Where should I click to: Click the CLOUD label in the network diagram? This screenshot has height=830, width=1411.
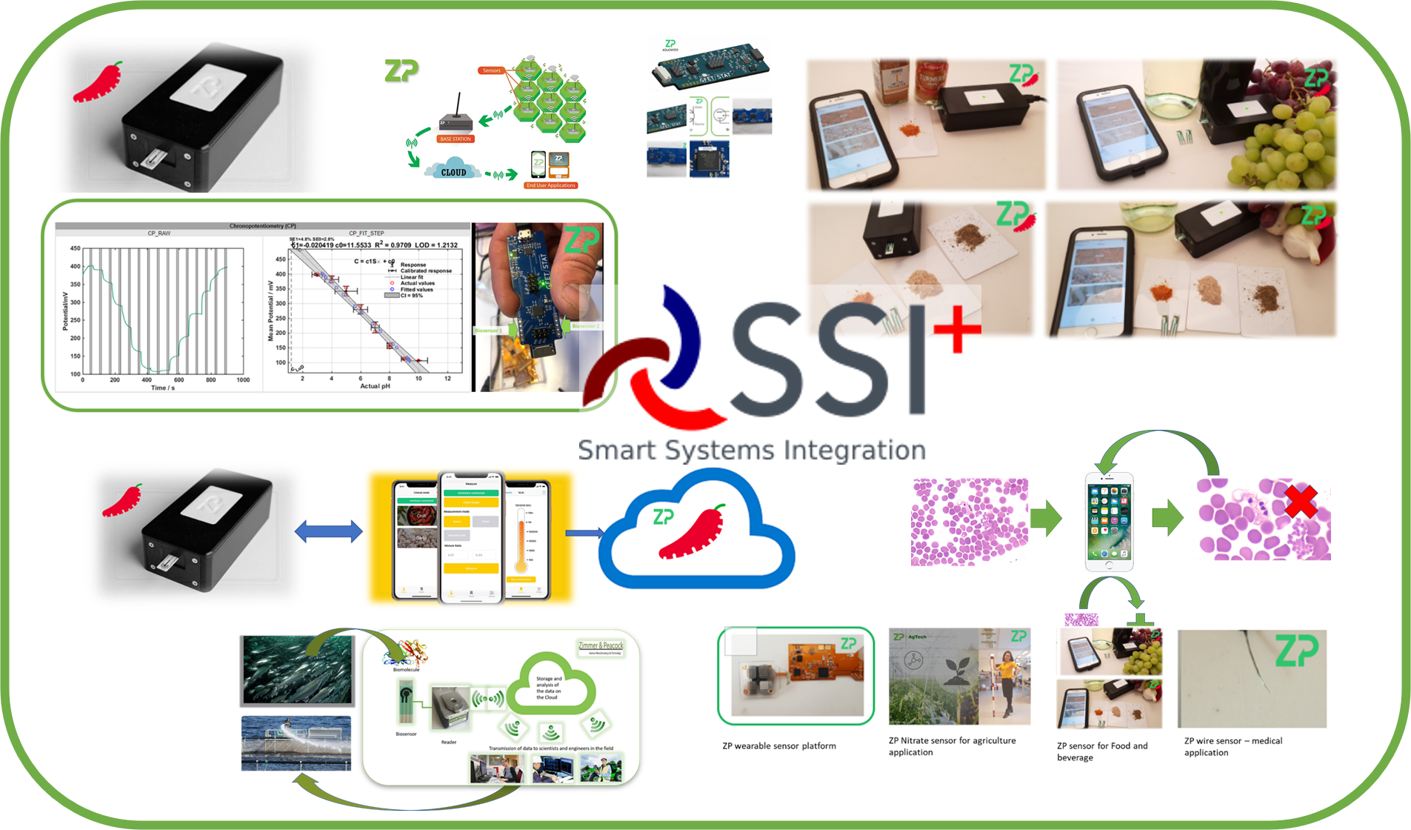tap(453, 172)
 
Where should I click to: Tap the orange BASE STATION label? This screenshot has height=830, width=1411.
tap(455, 139)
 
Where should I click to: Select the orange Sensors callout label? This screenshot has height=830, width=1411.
tap(492, 70)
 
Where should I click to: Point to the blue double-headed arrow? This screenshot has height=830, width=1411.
tap(328, 531)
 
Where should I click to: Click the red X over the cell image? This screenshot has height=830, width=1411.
tap(1300, 502)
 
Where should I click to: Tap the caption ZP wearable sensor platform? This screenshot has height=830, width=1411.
tap(779, 746)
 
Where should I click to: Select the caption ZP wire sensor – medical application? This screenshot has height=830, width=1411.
tap(1232, 746)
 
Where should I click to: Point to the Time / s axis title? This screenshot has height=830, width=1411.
tap(163, 388)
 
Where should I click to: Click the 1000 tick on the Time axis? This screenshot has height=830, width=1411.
tap(242, 379)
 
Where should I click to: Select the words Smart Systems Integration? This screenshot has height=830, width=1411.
tap(751, 450)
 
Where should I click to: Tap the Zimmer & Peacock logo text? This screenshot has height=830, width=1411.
tap(600, 645)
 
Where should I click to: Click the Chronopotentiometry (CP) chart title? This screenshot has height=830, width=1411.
tap(262, 226)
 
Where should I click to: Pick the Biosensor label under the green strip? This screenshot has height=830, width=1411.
tap(406, 734)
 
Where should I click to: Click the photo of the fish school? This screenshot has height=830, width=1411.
tap(297, 670)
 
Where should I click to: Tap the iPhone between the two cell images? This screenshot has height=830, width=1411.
tap(1109, 522)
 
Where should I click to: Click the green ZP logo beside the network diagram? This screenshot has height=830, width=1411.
tap(401, 71)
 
